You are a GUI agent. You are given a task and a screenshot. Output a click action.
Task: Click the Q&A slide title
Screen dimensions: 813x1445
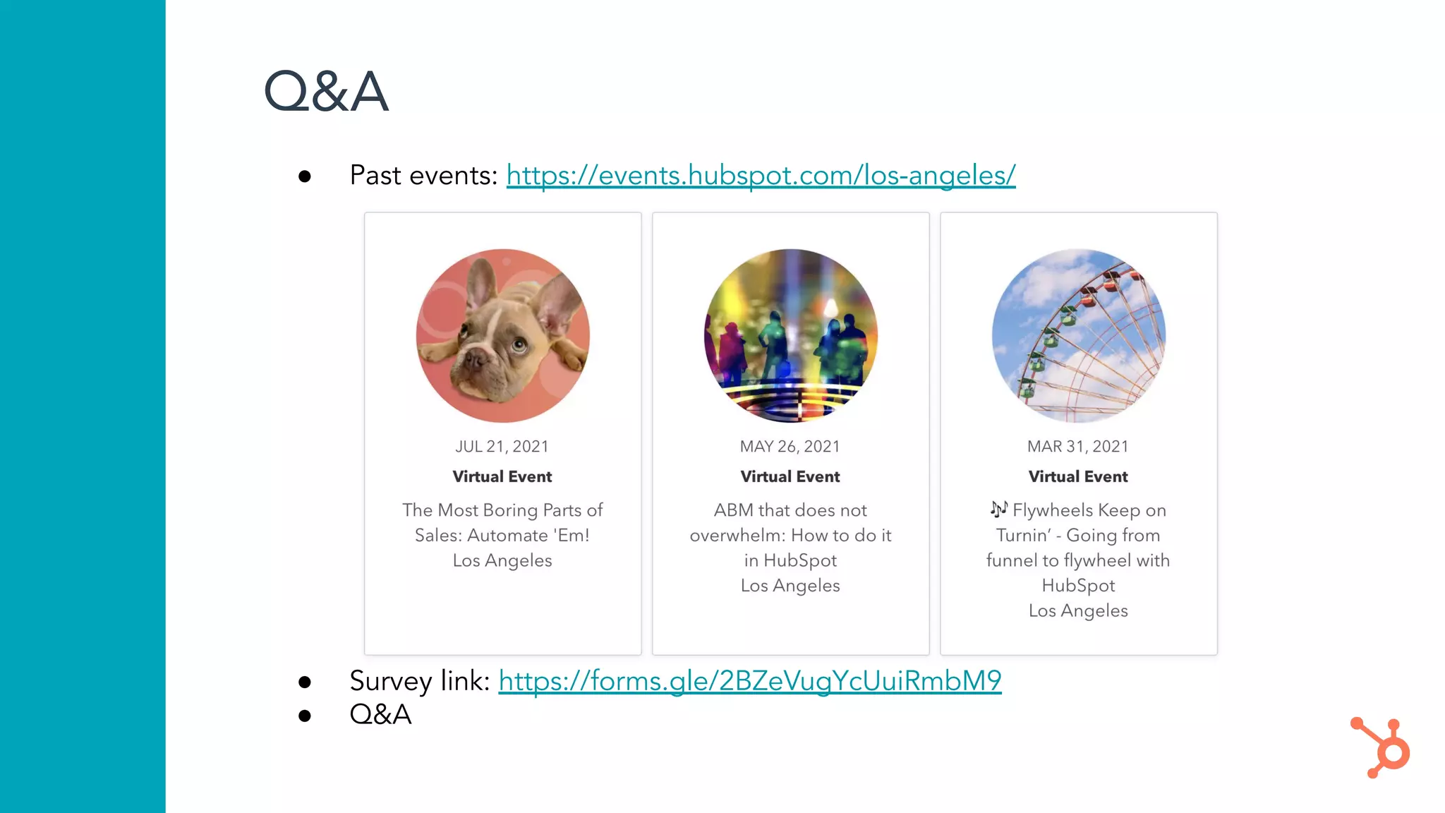325,92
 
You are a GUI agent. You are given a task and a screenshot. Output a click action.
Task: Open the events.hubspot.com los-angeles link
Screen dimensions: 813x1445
761,175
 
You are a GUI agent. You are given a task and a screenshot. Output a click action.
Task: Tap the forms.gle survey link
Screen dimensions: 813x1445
749,681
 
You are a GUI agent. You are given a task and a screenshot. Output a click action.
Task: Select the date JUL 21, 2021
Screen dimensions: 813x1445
502,447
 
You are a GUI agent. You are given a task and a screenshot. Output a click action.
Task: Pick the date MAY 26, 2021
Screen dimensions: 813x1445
790,447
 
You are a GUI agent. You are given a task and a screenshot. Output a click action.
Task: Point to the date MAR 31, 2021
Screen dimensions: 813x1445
1077,447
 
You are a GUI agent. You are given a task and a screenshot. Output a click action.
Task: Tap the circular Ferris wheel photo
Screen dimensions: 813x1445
1078,335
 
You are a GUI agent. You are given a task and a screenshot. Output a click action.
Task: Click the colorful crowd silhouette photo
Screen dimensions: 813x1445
790,335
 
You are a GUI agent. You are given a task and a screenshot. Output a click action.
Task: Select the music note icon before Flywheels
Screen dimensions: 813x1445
998,509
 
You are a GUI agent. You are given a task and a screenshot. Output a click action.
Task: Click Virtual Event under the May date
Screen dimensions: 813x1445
790,477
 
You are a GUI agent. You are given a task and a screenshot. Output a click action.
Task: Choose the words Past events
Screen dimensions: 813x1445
423,175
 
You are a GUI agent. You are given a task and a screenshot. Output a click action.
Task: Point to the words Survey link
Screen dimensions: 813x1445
419,681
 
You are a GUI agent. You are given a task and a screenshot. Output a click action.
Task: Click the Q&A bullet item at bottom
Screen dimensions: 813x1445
380,714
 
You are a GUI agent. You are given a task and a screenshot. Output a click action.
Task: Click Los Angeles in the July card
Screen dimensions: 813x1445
502,560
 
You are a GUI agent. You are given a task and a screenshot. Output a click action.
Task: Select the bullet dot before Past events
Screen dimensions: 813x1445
305,176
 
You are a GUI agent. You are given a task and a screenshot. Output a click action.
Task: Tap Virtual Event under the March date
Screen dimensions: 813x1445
1077,477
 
